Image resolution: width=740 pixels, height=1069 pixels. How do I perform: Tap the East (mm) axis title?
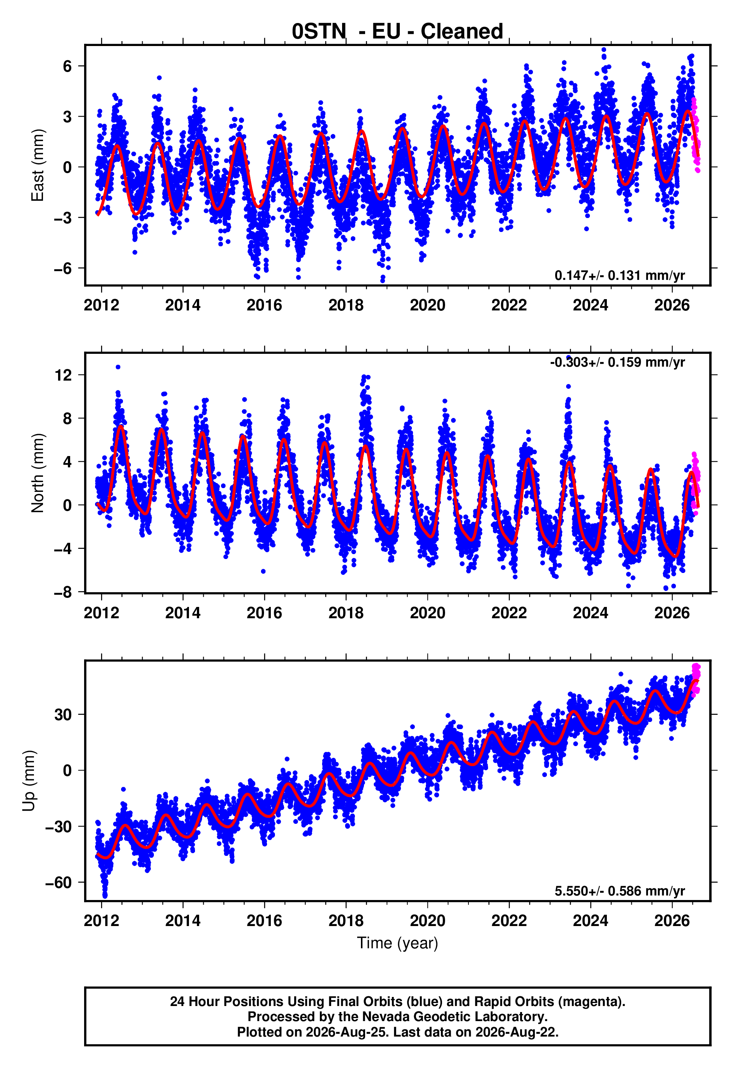[37, 165]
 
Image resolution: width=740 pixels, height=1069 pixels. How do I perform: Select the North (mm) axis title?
[37, 473]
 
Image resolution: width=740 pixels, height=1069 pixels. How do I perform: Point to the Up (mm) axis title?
[29, 781]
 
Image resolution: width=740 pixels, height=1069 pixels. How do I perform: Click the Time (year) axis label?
[398, 943]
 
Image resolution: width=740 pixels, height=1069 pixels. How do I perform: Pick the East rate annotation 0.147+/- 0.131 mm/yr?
[619, 275]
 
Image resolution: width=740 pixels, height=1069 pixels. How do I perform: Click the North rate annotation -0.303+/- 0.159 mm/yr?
[617, 362]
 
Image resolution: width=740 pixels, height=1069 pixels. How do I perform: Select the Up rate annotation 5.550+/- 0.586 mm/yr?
[619, 891]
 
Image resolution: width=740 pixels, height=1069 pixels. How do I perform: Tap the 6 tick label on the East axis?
[68, 66]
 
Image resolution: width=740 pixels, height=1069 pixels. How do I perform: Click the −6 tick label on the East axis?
[63, 269]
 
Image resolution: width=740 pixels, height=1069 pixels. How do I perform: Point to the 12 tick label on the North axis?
[63, 375]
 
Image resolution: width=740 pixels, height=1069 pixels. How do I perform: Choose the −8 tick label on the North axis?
[63, 592]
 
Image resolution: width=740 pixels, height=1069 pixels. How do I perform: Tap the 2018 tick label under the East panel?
[346, 305]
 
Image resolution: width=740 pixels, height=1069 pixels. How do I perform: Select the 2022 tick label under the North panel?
[509, 613]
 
